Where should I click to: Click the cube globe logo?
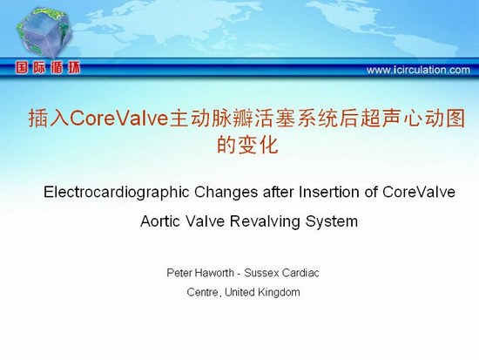tap(44, 32)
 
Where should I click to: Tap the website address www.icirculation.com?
tap(418, 70)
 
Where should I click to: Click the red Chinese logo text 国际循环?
tap(48, 68)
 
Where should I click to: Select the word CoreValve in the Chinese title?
tap(119, 119)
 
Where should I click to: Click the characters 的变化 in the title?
tap(247, 145)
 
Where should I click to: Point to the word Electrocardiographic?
tap(117, 193)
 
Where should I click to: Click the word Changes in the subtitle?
tap(226, 192)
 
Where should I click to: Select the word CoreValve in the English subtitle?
tap(419, 192)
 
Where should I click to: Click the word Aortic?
tap(160, 221)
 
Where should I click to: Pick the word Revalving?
tap(265, 221)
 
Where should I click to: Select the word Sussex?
tap(261, 273)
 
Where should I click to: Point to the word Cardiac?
tap(300, 273)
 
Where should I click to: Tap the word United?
tap(239, 292)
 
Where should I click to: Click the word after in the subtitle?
tap(279, 192)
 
